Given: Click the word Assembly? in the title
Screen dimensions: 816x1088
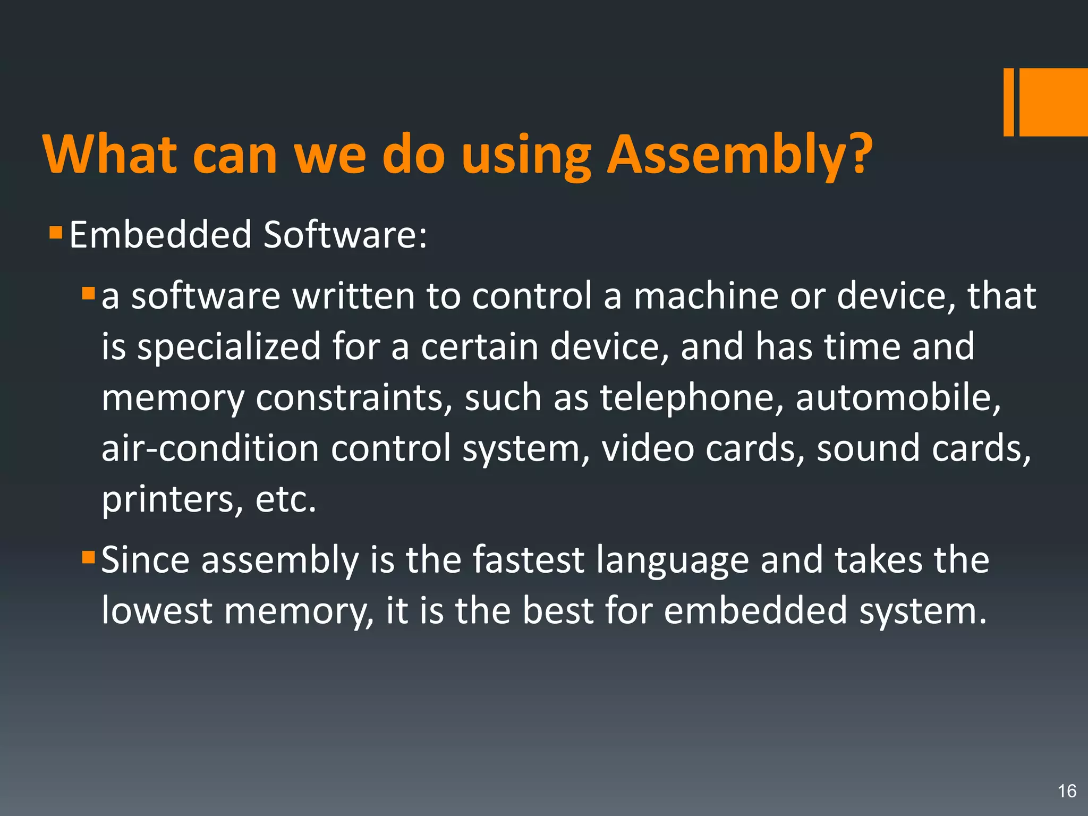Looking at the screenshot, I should click(739, 155).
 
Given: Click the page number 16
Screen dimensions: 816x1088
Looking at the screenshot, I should click(1067, 791).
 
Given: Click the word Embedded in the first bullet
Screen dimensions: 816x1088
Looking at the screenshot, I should click(160, 235).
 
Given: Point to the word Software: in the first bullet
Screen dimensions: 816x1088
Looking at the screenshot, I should click(345, 235).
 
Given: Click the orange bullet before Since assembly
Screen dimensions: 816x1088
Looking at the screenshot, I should click(88, 557).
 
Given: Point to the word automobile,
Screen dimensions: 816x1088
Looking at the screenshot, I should click(898, 398).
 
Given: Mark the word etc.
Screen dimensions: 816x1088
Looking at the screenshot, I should click(285, 500).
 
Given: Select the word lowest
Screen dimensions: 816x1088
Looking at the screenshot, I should click(157, 611).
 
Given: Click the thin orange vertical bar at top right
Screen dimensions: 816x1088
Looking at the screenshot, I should click(1008, 102).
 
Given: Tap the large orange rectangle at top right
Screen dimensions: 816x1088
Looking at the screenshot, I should click(1053, 102).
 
